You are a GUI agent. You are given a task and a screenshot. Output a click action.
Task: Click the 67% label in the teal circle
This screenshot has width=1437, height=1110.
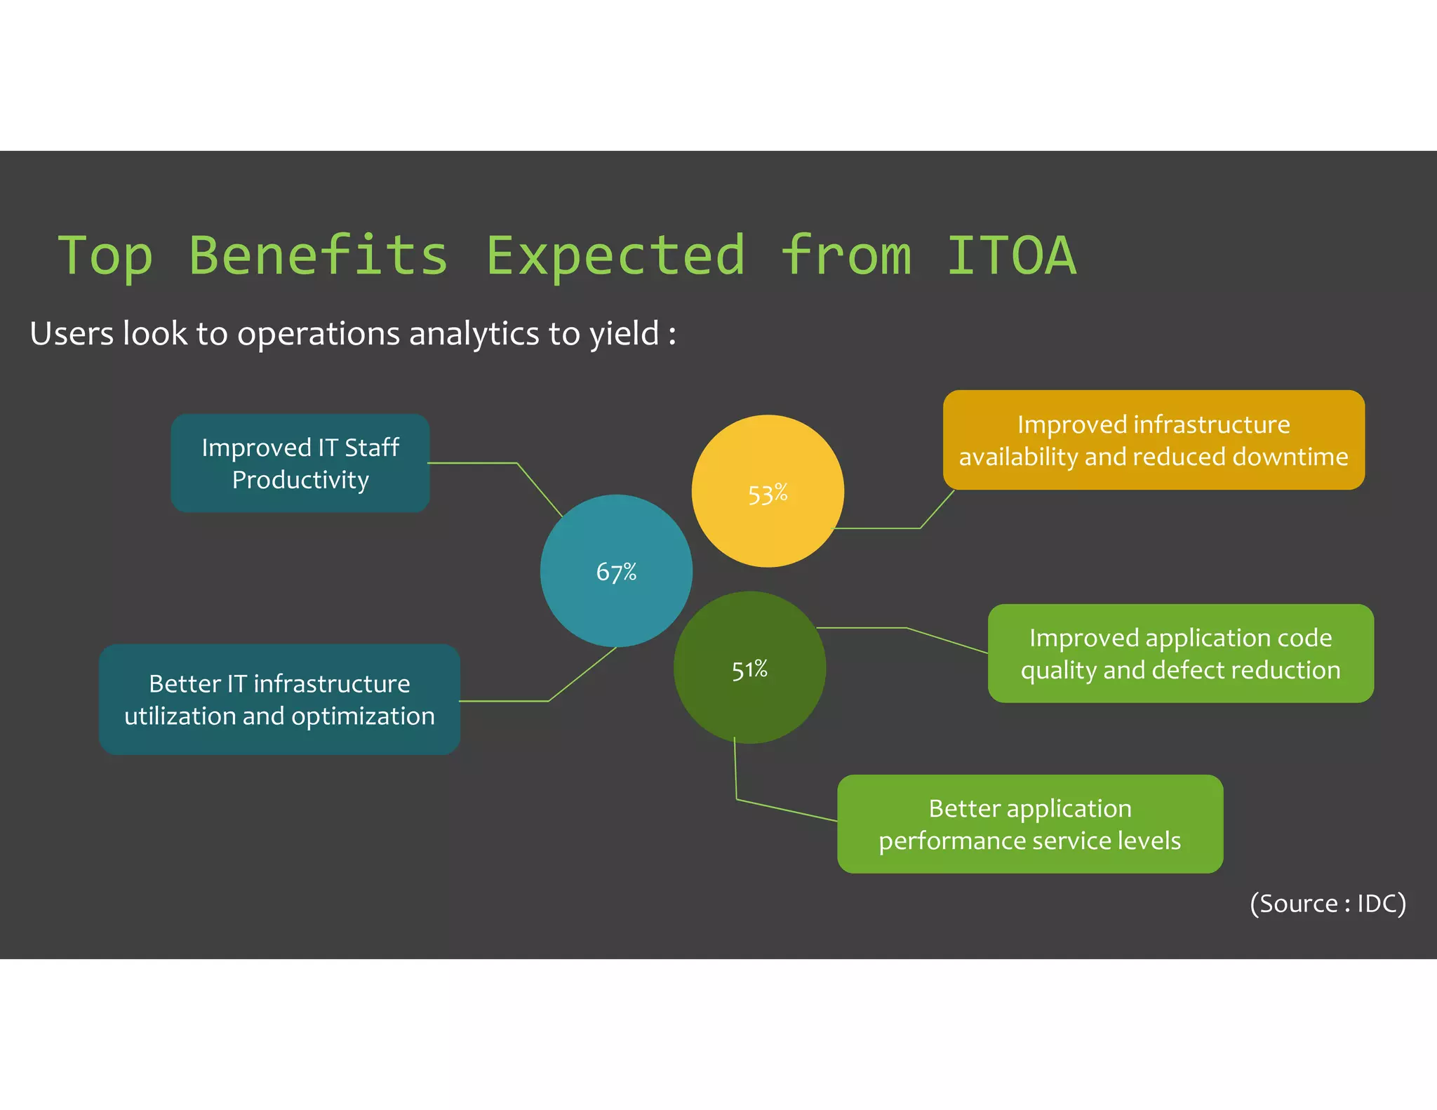point(616,572)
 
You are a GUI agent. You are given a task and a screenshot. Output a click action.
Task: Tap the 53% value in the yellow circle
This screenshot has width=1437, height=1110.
point(768,494)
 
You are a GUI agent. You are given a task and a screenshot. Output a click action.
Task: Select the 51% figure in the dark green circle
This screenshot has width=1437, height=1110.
point(749,669)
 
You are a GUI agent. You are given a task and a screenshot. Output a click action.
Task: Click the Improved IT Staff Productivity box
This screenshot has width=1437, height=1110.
point(300,463)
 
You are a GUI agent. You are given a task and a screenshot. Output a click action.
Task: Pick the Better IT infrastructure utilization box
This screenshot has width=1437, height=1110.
point(279,700)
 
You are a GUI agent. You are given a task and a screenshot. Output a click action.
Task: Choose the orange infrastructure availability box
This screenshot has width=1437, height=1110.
point(1154,440)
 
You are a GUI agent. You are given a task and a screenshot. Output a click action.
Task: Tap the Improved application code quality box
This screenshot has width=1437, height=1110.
point(1180,653)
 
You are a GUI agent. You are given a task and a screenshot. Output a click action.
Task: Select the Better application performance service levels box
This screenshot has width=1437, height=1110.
point(1029,824)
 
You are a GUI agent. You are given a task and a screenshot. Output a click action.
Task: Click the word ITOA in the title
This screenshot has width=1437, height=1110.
point(1011,255)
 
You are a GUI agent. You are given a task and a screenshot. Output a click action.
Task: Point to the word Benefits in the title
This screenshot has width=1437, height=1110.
point(319,255)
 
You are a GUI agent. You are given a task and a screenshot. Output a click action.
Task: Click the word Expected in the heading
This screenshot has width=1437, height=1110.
point(615,255)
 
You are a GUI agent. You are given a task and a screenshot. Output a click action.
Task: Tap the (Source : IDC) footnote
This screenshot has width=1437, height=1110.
point(1328,903)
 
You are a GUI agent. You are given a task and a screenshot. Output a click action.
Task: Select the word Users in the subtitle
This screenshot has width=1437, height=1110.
point(72,334)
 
